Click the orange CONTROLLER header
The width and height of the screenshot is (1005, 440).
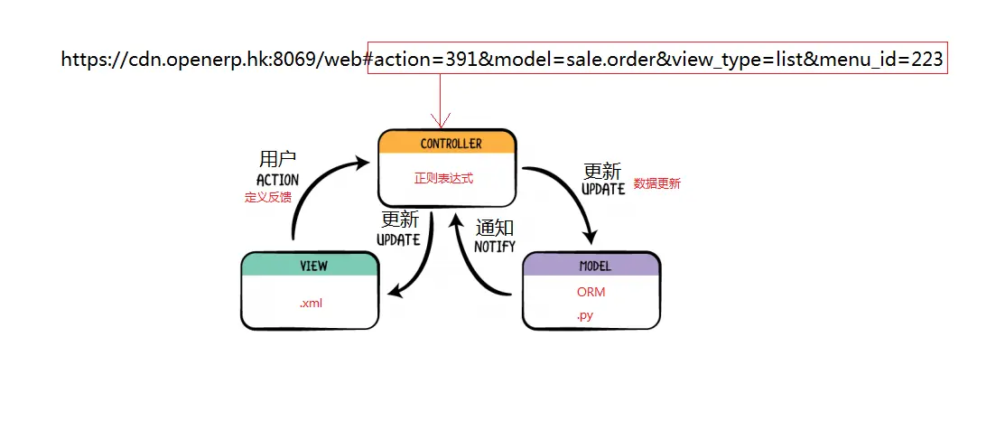[x=447, y=143]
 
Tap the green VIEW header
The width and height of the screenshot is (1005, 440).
[x=311, y=265]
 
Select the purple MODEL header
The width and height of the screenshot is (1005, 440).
[x=591, y=265]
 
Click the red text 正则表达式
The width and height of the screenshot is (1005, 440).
[x=443, y=178]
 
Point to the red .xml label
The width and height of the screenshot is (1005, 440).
[x=311, y=304]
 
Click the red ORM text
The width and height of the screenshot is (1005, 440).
[x=591, y=292]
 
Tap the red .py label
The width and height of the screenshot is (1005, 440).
[x=584, y=315]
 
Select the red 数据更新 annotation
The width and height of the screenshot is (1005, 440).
[x=657, y=183]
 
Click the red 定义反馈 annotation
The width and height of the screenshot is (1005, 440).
[x=268, y=198]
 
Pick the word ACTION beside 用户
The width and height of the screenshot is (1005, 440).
[x=277, y=180]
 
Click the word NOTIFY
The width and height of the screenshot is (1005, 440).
[x=494, y=247]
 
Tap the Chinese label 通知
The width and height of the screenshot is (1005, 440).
[x=495, y=228]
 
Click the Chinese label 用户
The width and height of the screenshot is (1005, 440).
[x=278, y=159]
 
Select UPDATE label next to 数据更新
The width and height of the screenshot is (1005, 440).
[x=603, y=189]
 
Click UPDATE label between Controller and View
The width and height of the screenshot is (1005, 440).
[x=398, y=240]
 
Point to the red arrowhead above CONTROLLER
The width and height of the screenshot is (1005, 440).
[x=441, y=120]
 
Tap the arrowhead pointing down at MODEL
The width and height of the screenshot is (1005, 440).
[x=590, y=235]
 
